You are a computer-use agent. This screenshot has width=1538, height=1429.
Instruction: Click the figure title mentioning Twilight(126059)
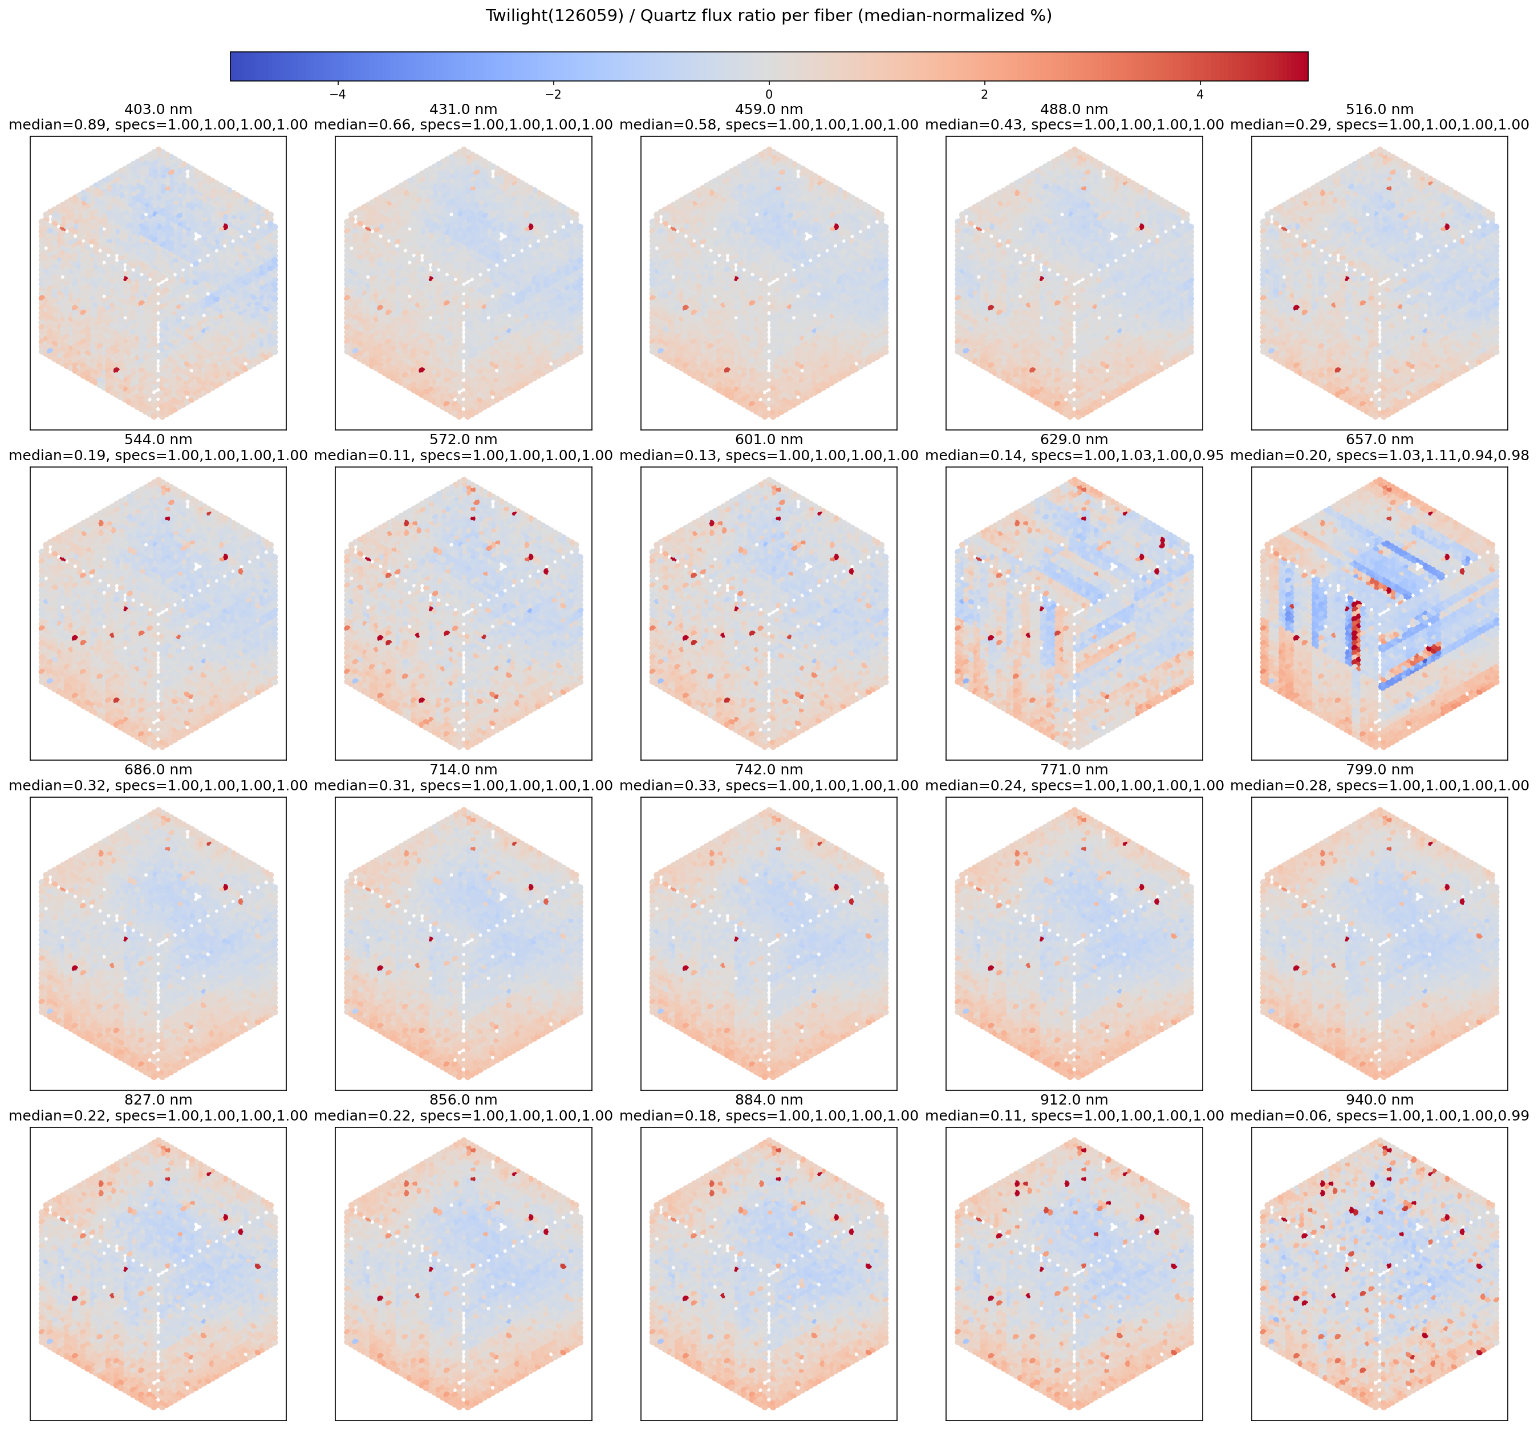click(769, 16)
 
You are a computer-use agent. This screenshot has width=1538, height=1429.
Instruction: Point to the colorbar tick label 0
click(769, 94)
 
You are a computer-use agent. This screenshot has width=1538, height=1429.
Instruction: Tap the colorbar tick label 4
click(1199, 94)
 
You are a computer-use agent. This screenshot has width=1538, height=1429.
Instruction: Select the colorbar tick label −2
click(553, 94)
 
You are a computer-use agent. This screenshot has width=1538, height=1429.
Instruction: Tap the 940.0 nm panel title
click(1379, 1099)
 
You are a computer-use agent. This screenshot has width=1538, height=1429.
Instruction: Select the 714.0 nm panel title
click(463, 769)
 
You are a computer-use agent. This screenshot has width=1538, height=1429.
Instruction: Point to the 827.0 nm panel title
click(158, 1099)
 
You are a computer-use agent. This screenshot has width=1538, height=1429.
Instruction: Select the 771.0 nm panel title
click(1073, 769)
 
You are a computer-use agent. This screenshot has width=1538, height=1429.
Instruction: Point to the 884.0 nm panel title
click(769, 1099)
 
